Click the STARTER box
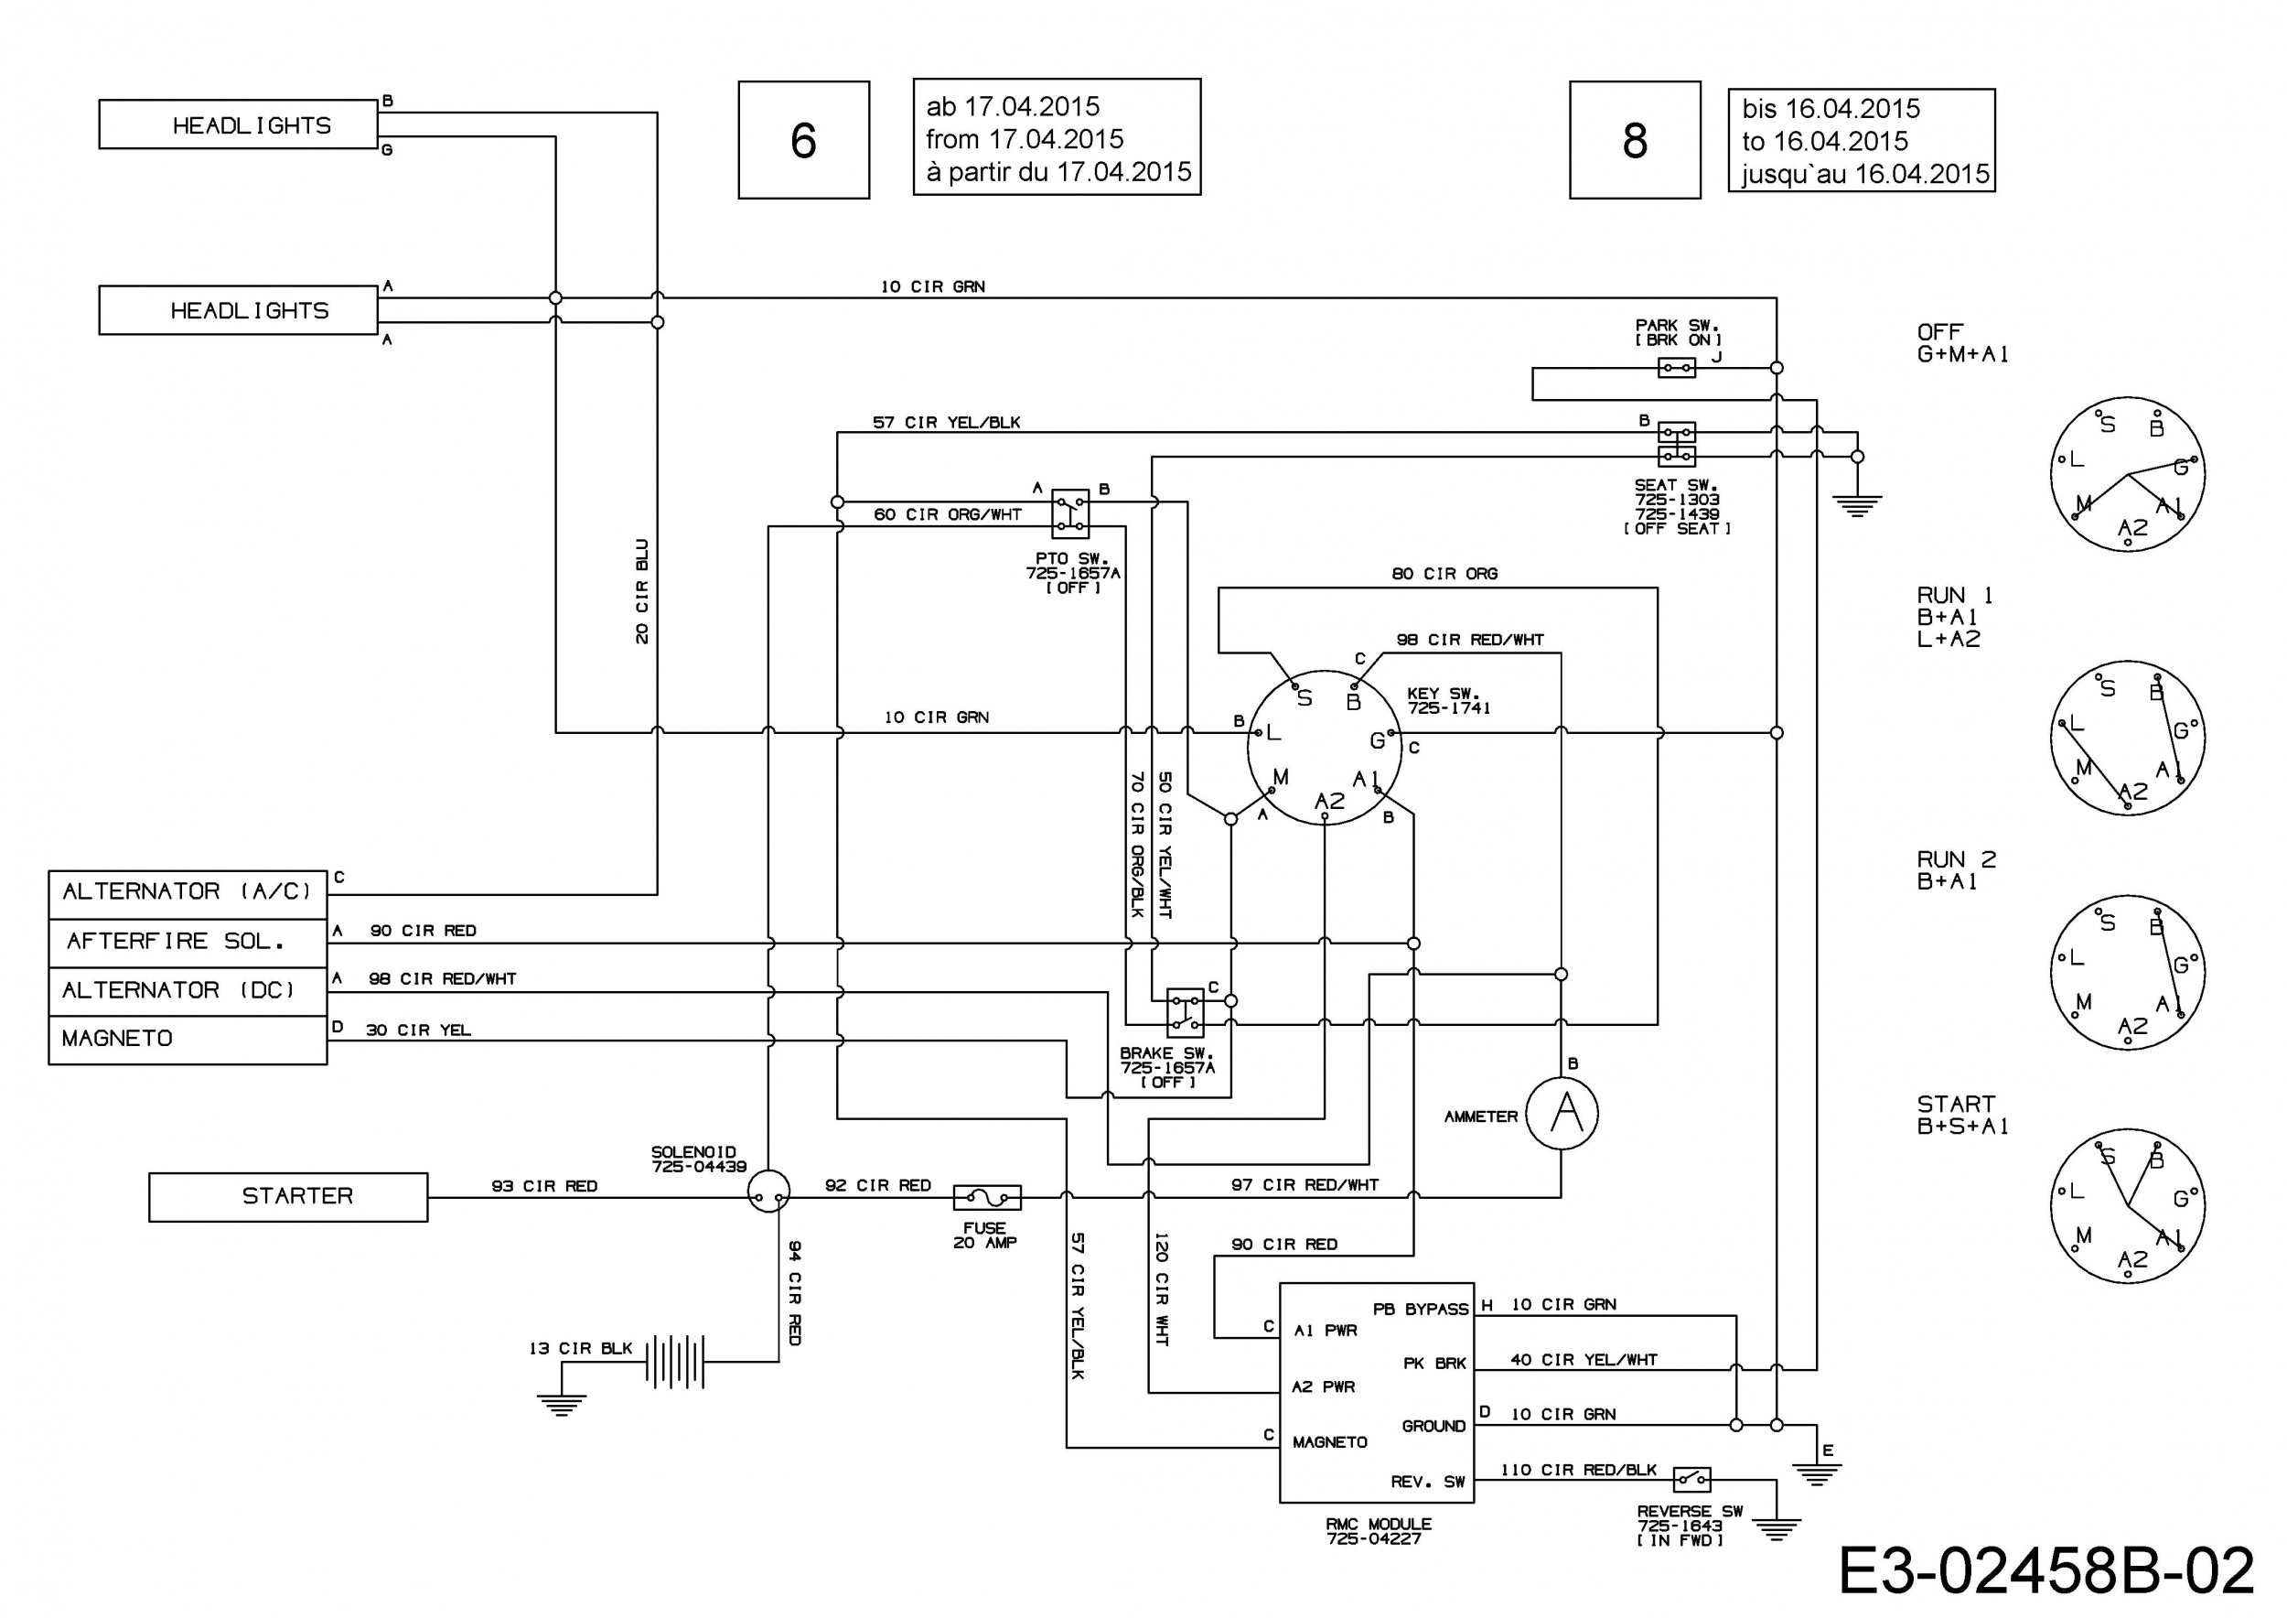288,1196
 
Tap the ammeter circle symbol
1561,1113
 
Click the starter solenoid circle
768,1192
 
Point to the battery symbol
675,1361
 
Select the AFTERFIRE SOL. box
188,943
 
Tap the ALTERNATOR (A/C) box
188,894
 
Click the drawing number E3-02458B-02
2045,1571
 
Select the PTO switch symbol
1071,514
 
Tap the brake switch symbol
1185,1012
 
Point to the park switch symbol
1677,368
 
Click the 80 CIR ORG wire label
1444,574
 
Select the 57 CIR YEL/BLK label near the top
946,423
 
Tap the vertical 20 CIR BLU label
642,591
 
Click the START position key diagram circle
2127,1206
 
